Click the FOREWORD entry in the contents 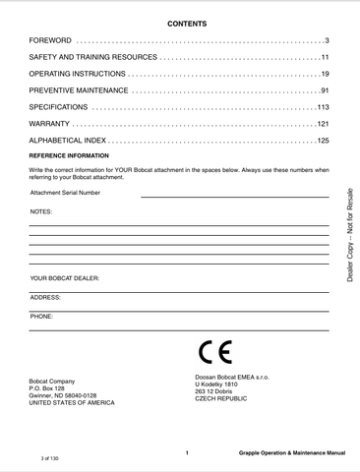pos(50,40)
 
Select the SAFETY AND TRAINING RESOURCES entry pos(92,57)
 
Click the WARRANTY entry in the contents pos(50,124)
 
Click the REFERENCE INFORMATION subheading pos(69,156)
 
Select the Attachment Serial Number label pos(65,193)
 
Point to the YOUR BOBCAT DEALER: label pos(65,278)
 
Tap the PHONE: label pos(41,316)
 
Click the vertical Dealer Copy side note pos(349,235)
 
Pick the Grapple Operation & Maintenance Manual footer pos(291,453)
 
